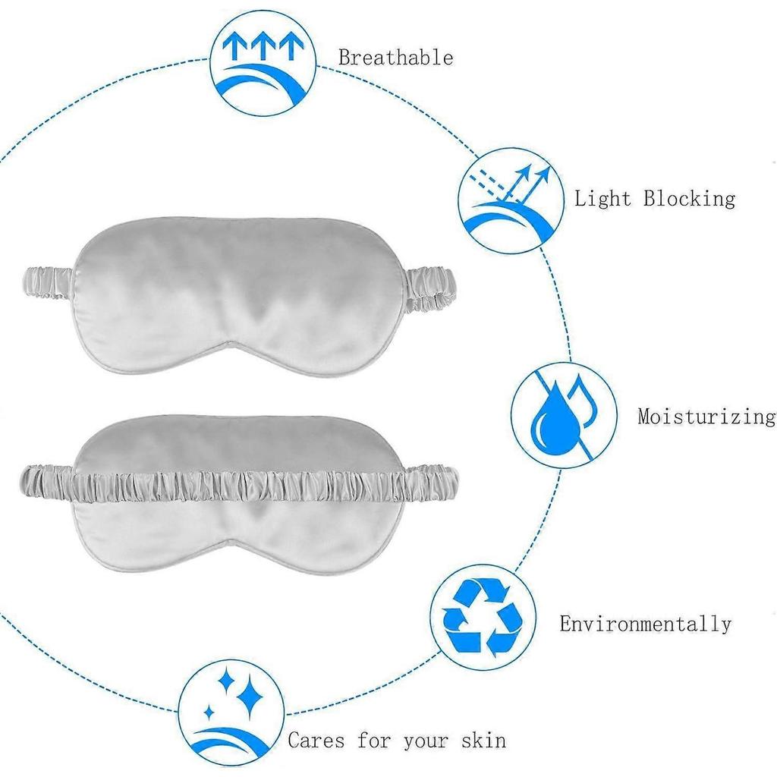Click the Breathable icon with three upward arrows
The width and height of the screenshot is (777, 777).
pyautogui.click(x=263, y=64)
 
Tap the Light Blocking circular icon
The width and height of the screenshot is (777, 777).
pyautogui.click(x=511, y=200)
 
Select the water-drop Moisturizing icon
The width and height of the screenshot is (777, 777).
pyautogui.click(x=564, y=415)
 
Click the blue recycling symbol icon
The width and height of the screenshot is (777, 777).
pyautogui.click(x=483, y=616)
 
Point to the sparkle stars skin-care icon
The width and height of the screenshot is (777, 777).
pyautogui.click(x=231, y=712)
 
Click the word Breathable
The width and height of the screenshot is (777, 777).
pyautogui.click(x=396, y=58)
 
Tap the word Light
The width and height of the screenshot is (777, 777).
pyautogui.click(x=602, y=198)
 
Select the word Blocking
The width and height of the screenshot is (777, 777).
pyautogui.click(x=689, y=198)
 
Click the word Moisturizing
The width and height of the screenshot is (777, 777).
pyautogui.click(x=707, y=417)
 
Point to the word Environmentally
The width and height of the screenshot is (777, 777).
pyautogui.click(x=646, y=624)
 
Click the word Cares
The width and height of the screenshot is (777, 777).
pyautogui.click(x=316, y=741)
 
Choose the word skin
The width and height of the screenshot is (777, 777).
pyautogui.click(x=483, y=741)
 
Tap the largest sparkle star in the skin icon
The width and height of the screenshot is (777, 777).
pyautogui.click(x=249, y=700)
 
